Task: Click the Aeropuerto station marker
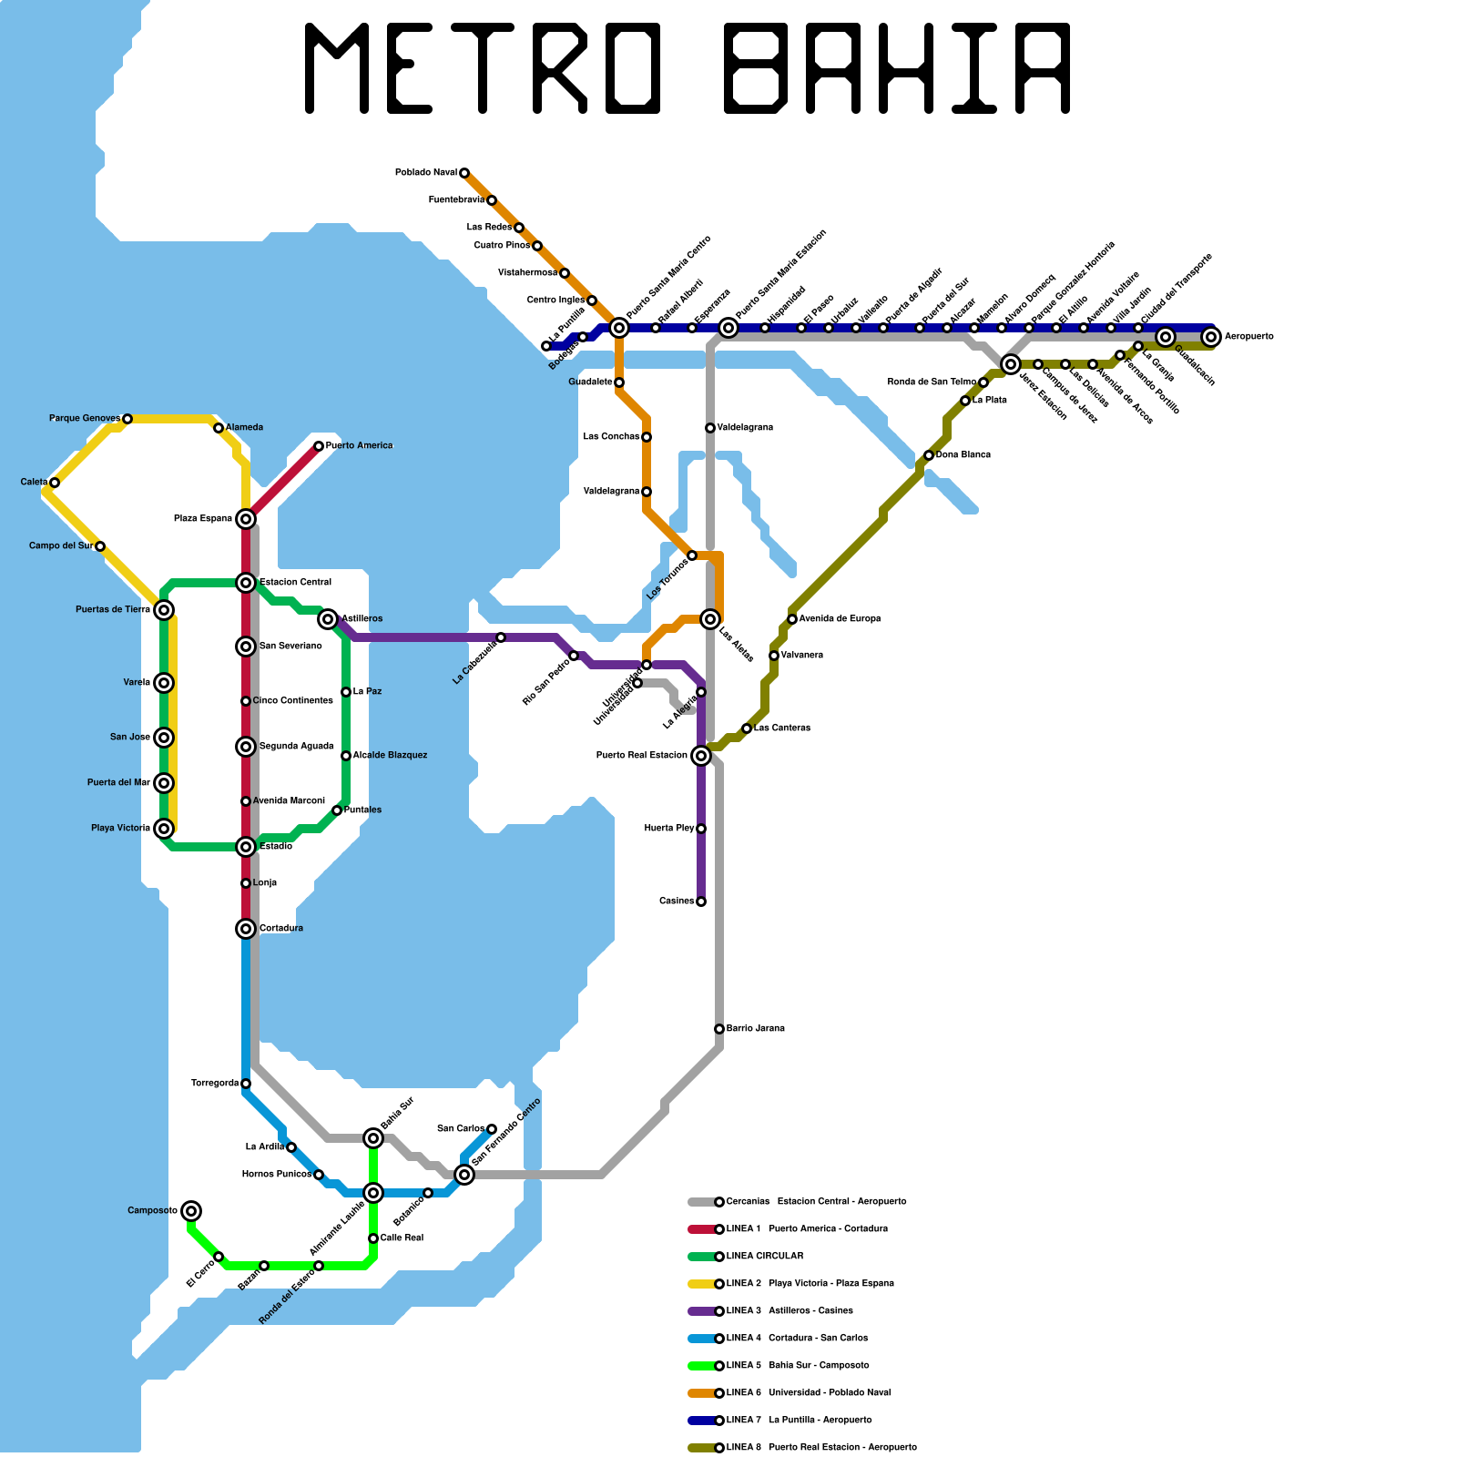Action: [x=1210, y=337]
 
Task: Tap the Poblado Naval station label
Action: [x=426, y=173]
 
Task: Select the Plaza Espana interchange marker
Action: [x=246, y=519]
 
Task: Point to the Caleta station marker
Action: [x=55, y=483]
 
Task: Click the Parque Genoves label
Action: [x=84, y=419]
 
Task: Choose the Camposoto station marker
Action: [x=191, y=1211]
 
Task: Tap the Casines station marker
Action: [x=701, y=902]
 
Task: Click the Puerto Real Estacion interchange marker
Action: [x=701, y=756]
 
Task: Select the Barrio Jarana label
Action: [x=756, y=1029]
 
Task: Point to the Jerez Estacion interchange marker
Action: [x=1011, y=364]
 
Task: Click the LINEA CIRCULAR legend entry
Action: [x=765, y=1257]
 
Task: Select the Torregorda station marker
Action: [x=246, y=1084]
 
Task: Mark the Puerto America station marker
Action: [x=319, y=446]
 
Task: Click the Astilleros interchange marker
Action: [x=328, y=619]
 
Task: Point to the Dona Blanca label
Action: [x=963, y=455]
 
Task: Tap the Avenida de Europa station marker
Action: [x=792, y=619]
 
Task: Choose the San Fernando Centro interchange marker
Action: [x=464, y=1175]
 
